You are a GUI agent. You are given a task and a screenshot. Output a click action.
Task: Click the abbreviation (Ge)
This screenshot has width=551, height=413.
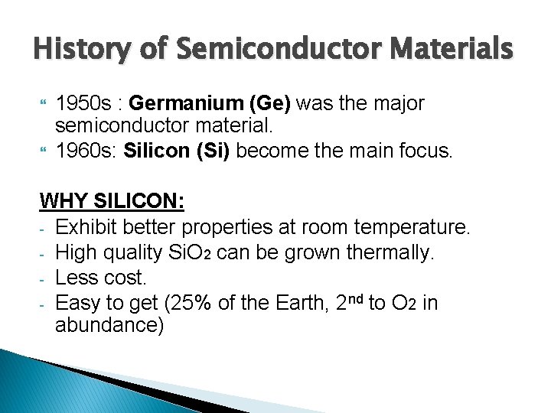pyautogui.click(x=266, y=103)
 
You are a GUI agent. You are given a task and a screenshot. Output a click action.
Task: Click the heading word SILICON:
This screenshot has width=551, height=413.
pyautogui.click(x=139, y=202)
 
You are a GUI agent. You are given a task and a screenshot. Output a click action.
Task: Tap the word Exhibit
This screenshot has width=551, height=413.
pyautogui.click(x=86, y=227)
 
